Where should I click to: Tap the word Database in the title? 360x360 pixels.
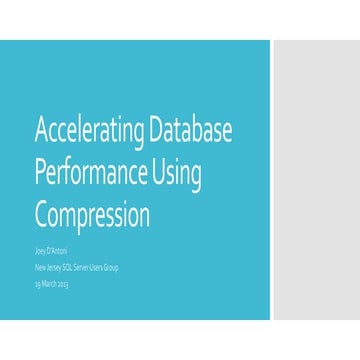(199, 130)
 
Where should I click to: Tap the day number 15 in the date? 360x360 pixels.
(38, 284)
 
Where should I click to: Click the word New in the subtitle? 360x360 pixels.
(40, 269)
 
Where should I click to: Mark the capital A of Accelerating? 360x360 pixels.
(42, 129)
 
